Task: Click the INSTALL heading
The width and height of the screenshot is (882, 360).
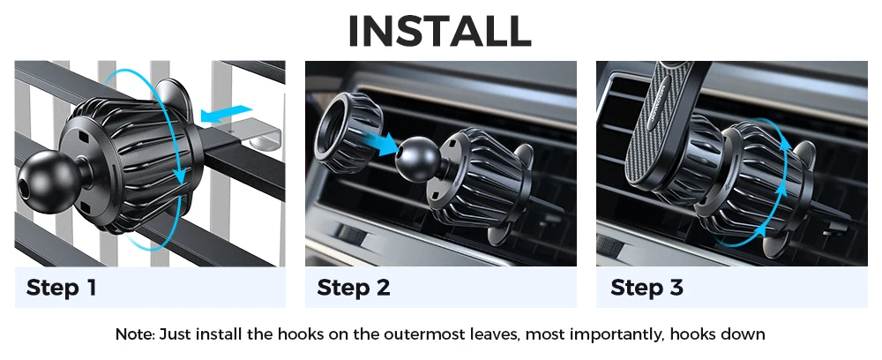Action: pyautogui.click(x=440, y=31)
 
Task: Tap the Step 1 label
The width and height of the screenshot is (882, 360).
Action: pyautogui.click(x=62, y=288)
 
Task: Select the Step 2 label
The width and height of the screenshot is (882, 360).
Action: pyautogui.click(x=354, y=288)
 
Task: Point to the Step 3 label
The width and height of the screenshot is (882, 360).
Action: pyautogui.click(x=647, y=288)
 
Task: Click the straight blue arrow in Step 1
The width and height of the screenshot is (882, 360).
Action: pyautogui.click(x=226, y=113)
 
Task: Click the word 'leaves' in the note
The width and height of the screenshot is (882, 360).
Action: pyautogui.click(x=495, y=334)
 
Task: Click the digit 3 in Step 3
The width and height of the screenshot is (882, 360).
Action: pyautogui.click(x=676, y=288)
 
